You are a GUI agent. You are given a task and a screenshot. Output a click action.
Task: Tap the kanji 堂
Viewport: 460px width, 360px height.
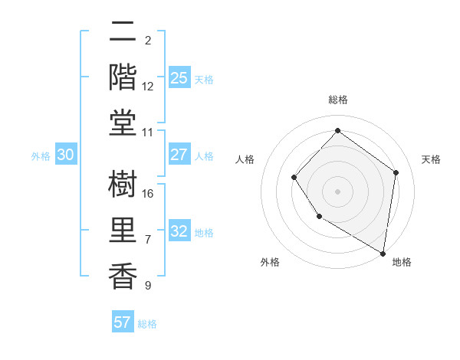point(123,121)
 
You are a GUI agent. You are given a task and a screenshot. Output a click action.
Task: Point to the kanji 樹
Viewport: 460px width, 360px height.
point(123,185)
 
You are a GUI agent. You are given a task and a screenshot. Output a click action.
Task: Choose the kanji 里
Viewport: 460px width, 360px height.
point(123,230)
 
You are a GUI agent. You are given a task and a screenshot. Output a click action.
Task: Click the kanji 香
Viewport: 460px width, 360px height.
point(123,275)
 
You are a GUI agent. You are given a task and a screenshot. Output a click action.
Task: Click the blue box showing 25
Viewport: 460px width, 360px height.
point(179,78)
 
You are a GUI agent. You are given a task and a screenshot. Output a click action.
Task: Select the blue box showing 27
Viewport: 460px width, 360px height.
point(179,155)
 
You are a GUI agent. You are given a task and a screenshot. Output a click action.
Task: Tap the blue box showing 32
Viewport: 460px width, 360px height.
point(179,232)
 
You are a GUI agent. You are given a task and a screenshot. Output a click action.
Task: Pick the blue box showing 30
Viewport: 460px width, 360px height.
point(66,155)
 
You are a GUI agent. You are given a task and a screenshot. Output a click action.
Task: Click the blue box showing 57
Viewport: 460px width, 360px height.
point(122,322)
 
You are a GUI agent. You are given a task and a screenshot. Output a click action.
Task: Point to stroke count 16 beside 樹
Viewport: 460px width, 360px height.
point(148,194)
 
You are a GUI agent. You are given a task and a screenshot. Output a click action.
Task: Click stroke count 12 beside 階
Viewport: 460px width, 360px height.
point(148,86)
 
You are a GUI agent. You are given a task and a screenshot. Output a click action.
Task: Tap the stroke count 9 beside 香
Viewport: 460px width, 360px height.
point(148,285)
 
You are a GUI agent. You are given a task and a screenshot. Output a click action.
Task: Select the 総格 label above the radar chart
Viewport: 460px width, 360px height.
point(337,100)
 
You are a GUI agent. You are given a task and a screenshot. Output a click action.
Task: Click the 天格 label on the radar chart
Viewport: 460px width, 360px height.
point(431,159)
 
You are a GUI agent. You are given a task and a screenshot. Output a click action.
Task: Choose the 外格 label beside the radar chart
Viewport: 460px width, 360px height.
point(270,262)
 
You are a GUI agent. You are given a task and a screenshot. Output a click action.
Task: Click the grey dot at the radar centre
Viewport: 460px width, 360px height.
point(337,191)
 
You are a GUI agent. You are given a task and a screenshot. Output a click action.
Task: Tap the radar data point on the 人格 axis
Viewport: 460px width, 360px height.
point(294,178)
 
